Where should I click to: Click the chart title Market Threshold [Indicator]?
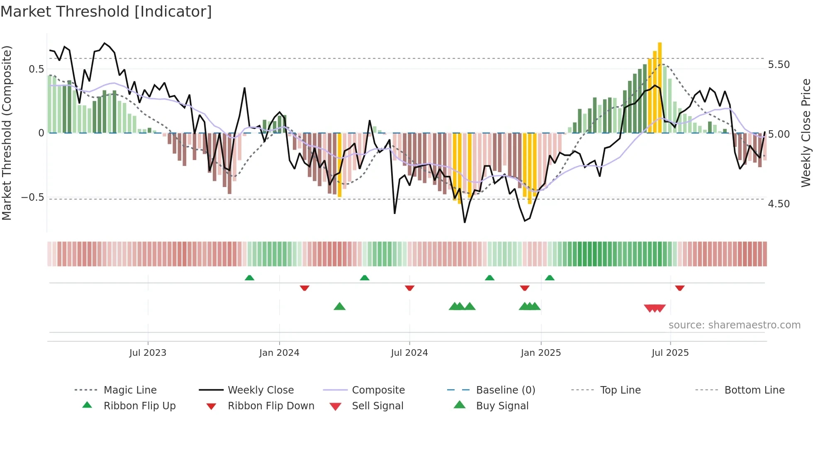pyautogui.click(x=106, y=12)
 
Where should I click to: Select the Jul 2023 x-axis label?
pyautogui.click(x=148, y=353)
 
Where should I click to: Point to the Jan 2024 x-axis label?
pyautogui.click(x=279, y=353)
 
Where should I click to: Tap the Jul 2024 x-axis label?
pyautogui.click(x=409, y=353)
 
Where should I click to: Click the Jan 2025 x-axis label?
pyautogui.click(x=541, y=353)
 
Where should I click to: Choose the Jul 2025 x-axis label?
pyautogui.click(x=670, y=353)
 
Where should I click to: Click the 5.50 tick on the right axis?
pyautogui.click(x=779, y=65)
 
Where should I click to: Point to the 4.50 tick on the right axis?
pyautogui.click(x=779, y=204)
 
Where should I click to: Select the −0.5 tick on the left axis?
pyautogui.click(x=33, y=197)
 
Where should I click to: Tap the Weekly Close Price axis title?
pyautogui.click(x=806, y=133)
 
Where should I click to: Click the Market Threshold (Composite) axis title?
pyautogui.click(x=7, y=133)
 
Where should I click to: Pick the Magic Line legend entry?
pyautogui.click(x=130, y=390)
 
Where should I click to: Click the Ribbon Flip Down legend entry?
pyautogui.click(x=271, y=406)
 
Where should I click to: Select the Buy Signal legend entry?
pyautogui.click(x=502, y=406)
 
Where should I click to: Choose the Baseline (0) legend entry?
pyautogui.click(x=506, y=390)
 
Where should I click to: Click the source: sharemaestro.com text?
pyautogui.click(x=735, y=325)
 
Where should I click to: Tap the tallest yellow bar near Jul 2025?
pyautogui.click(x=660, y=87)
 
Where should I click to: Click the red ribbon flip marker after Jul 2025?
pyautogui.click(x=679, y=288)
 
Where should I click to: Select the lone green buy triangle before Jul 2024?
pyautogui.click(x=340, y=306)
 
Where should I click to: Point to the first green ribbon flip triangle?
pyautogui.click(x=249, y=278)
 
